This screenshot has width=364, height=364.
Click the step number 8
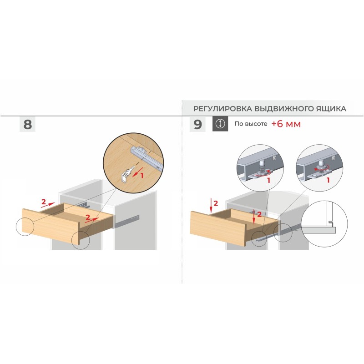click(x=27, y=124)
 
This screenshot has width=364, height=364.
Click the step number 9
click(x=197, y=124)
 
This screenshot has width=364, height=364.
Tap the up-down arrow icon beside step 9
click(x=220, y=124)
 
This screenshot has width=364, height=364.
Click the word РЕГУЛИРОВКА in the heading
click(x=222, y=109)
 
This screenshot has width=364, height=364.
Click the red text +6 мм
click(x=286, y=124)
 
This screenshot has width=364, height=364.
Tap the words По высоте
click(x=251, y=124)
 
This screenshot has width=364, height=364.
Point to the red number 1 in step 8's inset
click(x=142, y=176)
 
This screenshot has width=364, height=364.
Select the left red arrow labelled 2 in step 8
click(x=48, y=205)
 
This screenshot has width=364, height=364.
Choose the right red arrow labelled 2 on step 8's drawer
click(x=92, y=220)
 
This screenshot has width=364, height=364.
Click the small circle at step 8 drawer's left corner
click(x=25, y=227)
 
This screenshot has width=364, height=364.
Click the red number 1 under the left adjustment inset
click(x=268, y=180)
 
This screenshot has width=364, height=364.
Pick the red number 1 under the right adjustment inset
click(x=328, y=180)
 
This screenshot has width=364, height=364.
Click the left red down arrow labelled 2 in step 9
click(x=211, y=206)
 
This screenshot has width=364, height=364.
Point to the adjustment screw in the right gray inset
click(x=321, y=165)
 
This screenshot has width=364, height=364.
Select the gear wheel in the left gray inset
click(x=261, y=172)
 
